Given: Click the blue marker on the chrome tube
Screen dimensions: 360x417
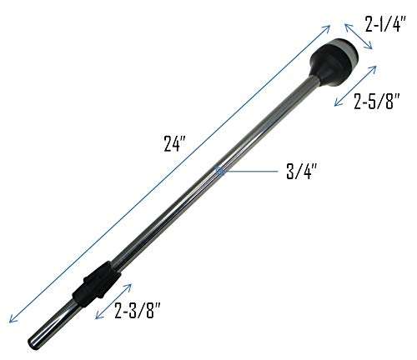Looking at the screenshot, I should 219,170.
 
